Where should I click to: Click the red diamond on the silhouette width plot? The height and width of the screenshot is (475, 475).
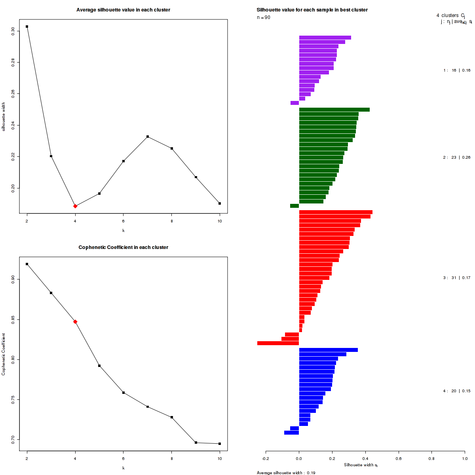pyautogui.click(x=75, y=206)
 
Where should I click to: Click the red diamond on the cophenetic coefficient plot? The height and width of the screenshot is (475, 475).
pyautogui.click(x=75, y=321)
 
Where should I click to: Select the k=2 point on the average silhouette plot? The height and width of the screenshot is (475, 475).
pyautogui.click(x=27, y=27)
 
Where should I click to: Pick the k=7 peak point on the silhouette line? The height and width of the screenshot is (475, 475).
pyautogui.click(x=148, y=137)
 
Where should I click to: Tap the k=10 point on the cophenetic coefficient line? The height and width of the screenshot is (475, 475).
pyautogui.click(x=220, y=444)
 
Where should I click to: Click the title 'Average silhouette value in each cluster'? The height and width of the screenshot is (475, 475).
pyautogui.click(x=123, y=10)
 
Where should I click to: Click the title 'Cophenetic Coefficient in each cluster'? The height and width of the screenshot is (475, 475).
pyautogui.click(x=123, y=247)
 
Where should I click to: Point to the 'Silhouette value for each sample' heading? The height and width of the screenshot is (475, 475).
pyautogui.click(x=312, y=10)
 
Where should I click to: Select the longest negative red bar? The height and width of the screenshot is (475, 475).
pyautogui.click(x=278, y=343)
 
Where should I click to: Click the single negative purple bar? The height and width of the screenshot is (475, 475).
pyautogui.click(x=294, y=103)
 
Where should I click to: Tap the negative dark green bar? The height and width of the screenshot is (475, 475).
pyautogui.click(x=294, y=206)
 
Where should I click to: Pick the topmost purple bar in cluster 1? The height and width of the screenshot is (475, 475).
pyautogui.click(x=325, y=38)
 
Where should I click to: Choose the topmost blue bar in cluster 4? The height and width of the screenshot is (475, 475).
pyautogui.click(x=329, y=350)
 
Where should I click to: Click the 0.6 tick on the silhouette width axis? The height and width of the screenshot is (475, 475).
pyautogui.click(x=398, y=459)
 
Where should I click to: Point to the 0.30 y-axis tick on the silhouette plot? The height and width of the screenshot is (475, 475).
pyautogui.click(x=13, y=31)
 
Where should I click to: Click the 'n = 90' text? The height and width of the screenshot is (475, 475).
pyautogui.click(x=264, y=17)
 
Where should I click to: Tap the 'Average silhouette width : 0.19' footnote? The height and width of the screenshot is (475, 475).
pyautogui.click(x=286, y=473)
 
